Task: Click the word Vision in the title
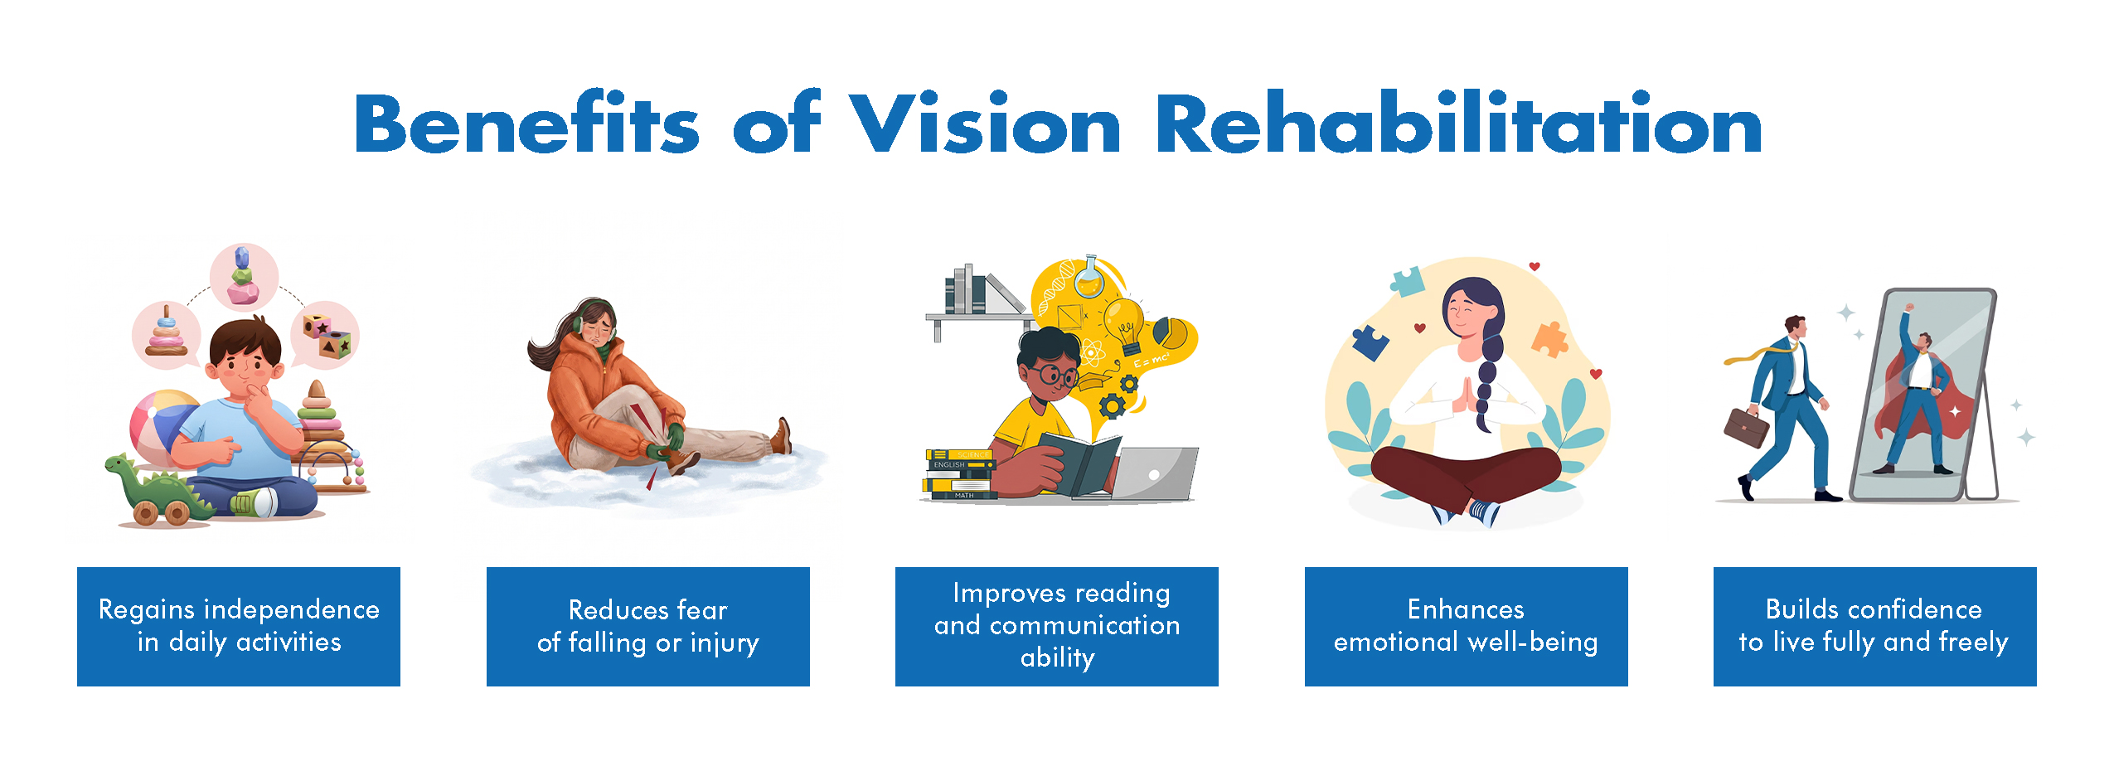(x=986, y=124)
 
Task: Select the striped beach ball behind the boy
(x=162, y=426)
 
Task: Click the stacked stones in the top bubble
(x=243, y=275)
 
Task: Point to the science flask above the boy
(x=1089, y=278)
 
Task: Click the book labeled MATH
(x=961, y=495)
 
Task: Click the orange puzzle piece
(x=1549, y=337)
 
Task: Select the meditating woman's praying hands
(x=1466, y=395)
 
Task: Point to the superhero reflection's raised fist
(x=1909, y=308)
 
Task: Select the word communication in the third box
(x=1085, y=625)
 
